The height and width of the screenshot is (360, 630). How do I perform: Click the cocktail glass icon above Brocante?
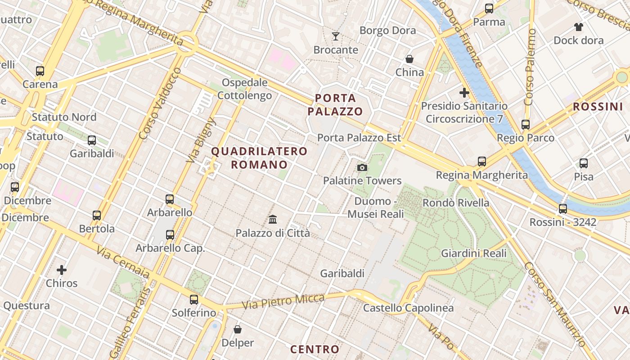click(336, 36)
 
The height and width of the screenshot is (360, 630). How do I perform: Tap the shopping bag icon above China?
click(409, 59)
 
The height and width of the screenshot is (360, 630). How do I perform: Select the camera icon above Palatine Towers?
click(362, 168)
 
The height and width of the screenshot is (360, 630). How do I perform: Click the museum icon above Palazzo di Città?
click(273, 220)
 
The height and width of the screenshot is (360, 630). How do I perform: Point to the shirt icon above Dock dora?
click(578, 27)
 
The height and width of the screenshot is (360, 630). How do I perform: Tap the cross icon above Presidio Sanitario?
click(464, 93)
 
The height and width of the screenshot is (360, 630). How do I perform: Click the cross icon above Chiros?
click(62, 270)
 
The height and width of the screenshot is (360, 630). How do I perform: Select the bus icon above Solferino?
click(194, 299)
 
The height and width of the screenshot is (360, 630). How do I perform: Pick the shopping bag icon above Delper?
click(238, 330)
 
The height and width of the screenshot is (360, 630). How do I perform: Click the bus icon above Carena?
click(40, 71)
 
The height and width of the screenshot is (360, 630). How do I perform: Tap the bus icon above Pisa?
click(584, 163)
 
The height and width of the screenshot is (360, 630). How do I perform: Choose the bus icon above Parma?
click(489, 9)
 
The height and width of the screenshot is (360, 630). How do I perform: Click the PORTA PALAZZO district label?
click(339, 104)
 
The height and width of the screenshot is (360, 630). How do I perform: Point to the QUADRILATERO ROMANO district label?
click(259, 158)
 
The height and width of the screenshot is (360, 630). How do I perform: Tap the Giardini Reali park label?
click(473, 253)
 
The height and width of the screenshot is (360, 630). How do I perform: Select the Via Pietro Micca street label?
click(283, 301)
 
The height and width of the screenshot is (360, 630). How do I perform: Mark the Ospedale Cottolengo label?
click(245, 89)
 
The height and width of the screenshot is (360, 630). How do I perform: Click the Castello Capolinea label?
click(408, 308)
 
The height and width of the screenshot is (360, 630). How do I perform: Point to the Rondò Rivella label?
click(455, 203)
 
